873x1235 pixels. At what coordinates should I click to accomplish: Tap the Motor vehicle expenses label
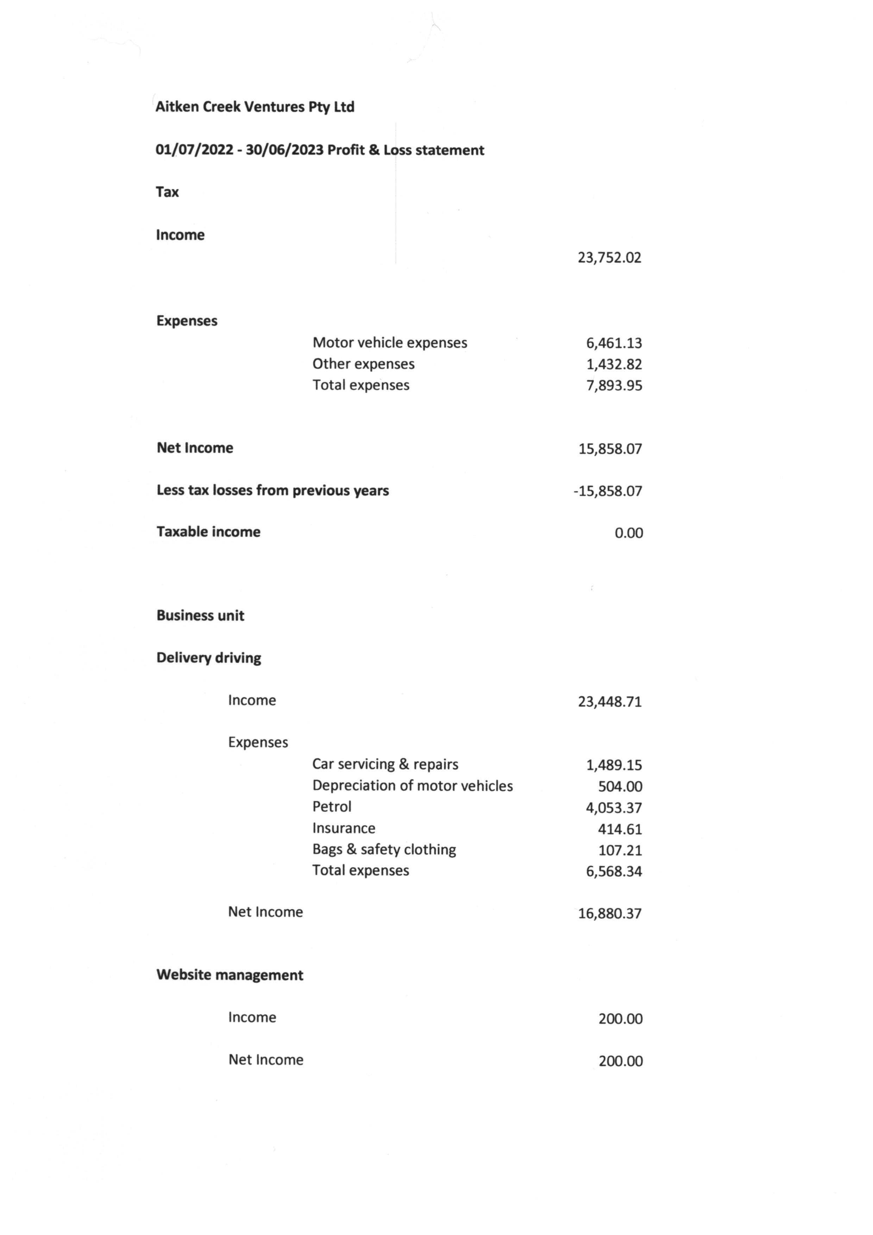[390, 343]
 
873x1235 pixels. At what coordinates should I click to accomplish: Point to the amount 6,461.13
[614, 343]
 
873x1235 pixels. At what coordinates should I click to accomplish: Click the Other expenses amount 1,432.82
[614, 364]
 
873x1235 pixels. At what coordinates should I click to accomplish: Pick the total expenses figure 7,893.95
[614, 386]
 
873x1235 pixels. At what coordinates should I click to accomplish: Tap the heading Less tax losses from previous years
[272, 491]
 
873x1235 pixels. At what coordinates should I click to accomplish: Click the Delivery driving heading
[209, 658]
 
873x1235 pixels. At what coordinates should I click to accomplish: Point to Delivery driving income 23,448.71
[610, 701]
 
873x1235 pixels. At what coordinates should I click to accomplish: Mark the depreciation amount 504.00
[620, 786]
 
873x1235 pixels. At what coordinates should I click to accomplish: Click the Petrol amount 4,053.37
[614, 808]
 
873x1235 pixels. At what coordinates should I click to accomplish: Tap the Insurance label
[344, 828]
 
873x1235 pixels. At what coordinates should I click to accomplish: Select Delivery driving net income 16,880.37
[610, 913]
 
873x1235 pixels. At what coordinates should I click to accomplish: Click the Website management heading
[230, 975]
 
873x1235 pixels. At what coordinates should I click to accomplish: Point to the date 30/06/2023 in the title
[284, 150]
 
